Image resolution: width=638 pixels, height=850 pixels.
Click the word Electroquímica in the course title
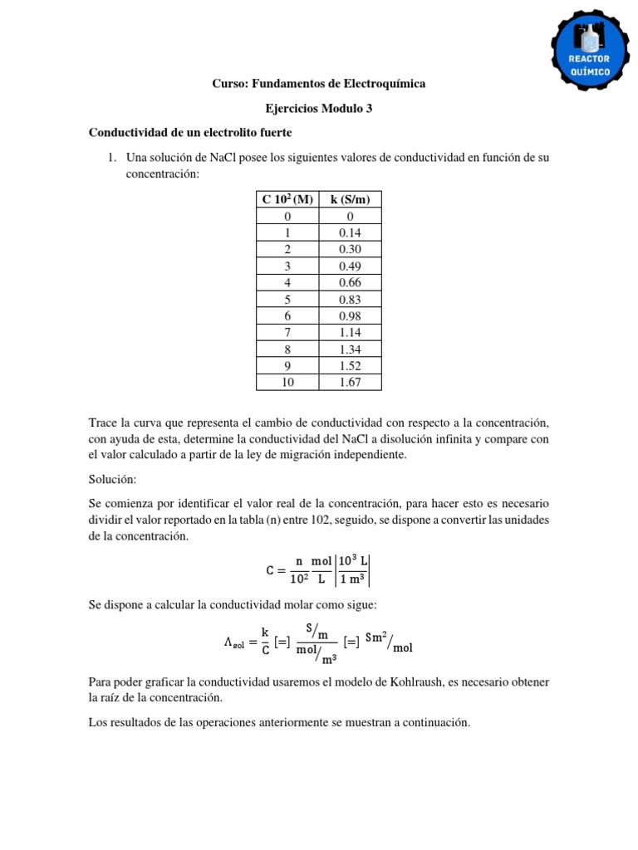pos(380,84)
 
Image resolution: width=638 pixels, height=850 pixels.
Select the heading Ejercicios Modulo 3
pos(318,108)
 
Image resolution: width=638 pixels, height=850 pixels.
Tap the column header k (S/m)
pos(350,199)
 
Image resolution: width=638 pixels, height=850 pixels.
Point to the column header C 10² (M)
pos(287,199)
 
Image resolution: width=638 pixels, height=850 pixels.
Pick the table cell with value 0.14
pos(350,232)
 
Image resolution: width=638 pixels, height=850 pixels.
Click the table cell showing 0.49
pos(350,266)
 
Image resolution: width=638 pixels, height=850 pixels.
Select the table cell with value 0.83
pos(350,299)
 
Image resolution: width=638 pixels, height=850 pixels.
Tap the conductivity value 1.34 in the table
pos(350,349)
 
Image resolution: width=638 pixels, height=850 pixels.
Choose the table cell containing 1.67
pos(350,382)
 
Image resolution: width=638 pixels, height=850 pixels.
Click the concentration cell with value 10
pos(287,382)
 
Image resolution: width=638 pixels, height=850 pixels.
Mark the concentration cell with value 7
pos(287,332)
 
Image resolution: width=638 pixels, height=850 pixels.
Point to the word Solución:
pos(113,480)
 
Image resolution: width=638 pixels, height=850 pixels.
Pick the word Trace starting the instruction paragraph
pos(105,423)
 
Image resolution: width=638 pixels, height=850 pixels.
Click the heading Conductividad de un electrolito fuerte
pos(190,133)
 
